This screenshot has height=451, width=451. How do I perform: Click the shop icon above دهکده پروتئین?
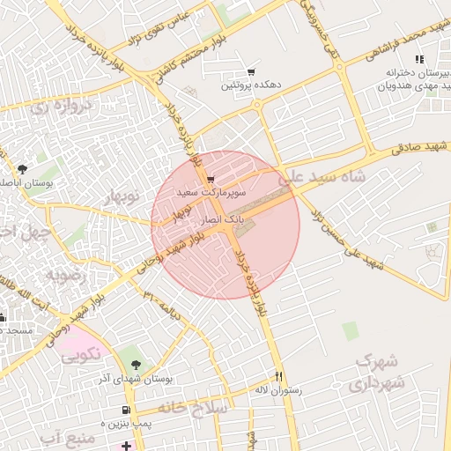[252, 72]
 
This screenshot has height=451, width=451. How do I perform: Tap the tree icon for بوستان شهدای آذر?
[135, 364]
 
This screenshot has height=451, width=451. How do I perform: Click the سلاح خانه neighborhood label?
[194, 409]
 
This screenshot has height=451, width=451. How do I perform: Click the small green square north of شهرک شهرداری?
[351, 331]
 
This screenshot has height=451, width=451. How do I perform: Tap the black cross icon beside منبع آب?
[129, 446]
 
